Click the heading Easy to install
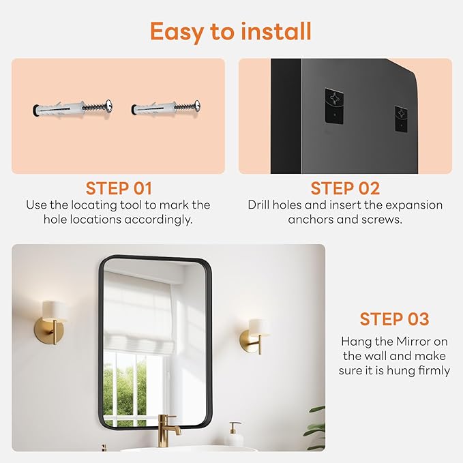(x=230, y=31)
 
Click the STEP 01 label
(x=118, y=188)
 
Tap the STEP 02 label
(x=344, y=188)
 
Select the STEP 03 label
(x=394, y=319)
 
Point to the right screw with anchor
(x=166, y=108)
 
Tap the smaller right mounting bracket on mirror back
(x=401, y=118)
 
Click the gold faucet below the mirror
(x=167, y=427)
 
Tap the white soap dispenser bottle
(x=235, y=435)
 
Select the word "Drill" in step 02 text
(x=261, y=205)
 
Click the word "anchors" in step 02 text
(x=310, y=220)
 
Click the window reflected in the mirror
(x=133, y=382)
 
